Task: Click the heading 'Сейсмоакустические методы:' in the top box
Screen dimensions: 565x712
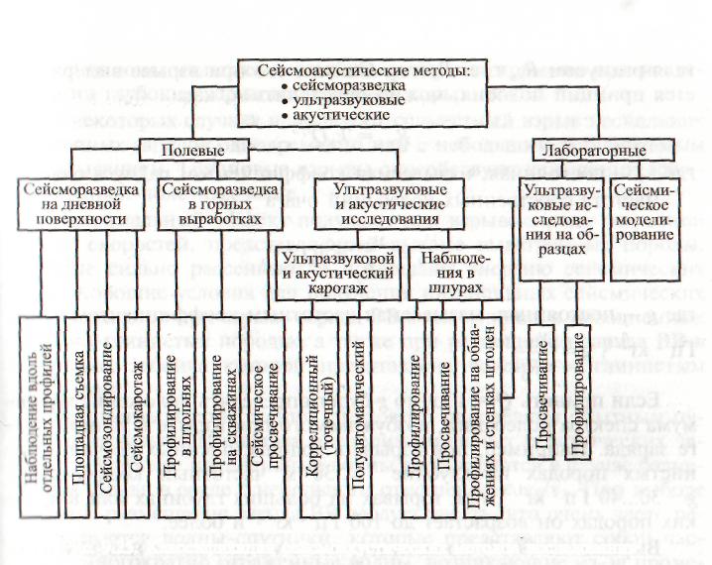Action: pyautogui.click(x=361, y=71)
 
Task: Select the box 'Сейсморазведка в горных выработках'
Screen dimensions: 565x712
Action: pyautogui.click(x=212, y=202)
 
